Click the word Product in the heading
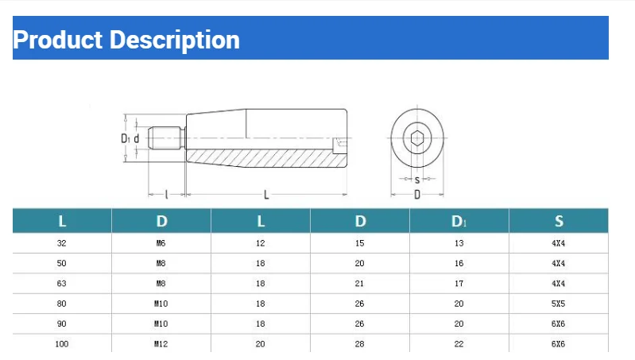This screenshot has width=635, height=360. (x=57, y=40)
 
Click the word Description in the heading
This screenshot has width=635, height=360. (x=174, y=40)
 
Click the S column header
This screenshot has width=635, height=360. (x=559, y=221)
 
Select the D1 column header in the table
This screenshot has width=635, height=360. (x=459, y=221)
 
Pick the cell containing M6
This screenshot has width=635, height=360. (x=161, y=243)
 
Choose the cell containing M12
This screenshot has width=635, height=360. (x=161, y=344)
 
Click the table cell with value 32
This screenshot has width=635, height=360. (x=62, y=243)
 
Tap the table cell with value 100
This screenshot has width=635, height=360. (x=62, y=344)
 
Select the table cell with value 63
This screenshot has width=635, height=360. (x=62, y=284)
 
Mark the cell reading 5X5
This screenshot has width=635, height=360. (x=559, y=304)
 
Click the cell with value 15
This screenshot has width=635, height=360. (x=360, y=243)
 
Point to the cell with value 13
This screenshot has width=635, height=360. (x=459, y=243)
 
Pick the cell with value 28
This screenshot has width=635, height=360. (x=360, y=344)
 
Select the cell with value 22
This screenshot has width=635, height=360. (x=459, y=344)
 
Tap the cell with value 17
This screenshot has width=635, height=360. (x=459, y=284)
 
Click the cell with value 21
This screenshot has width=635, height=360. (x=360, y=284)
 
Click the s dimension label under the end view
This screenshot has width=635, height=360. (x=417, y=180)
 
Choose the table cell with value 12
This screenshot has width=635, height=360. (x=260, y=243)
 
